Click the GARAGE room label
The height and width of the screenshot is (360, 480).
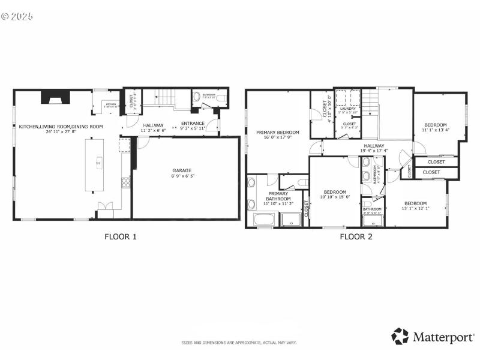[x=186, y=171]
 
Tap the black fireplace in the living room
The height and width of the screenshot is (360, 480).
[x=55, y=97]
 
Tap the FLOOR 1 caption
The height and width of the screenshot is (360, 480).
[x=121, y=236]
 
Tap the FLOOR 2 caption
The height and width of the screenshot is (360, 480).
[x=356, y=236]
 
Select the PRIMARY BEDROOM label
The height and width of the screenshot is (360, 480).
[x=277, y=132]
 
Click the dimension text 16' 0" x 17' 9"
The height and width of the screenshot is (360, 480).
[x=277, y=137]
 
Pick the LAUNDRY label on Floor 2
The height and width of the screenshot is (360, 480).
[x=347, y=109]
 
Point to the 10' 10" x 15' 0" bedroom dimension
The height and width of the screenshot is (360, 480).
[x=335, y=197]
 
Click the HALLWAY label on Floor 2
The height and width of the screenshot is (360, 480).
[x=373, y=145]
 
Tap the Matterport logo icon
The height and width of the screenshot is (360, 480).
[x=400, y=336]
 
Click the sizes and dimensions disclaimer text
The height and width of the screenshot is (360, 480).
[x=239, y=343]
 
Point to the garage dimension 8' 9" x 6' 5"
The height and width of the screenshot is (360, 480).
[x=186, y=176]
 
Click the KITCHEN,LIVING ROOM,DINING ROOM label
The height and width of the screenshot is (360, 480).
[x=61, y=127]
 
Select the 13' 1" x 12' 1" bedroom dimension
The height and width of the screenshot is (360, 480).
[x=415, y=208]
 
